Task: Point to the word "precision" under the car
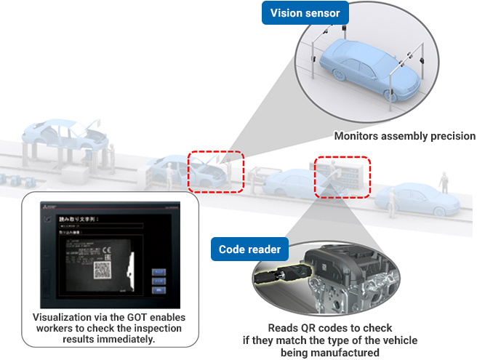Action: (450, 136)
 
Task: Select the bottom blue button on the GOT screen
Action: (158, 289)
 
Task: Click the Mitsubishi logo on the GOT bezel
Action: (48, 209)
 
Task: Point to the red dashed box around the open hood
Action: (217, 171)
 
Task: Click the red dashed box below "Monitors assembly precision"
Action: (342, 176)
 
